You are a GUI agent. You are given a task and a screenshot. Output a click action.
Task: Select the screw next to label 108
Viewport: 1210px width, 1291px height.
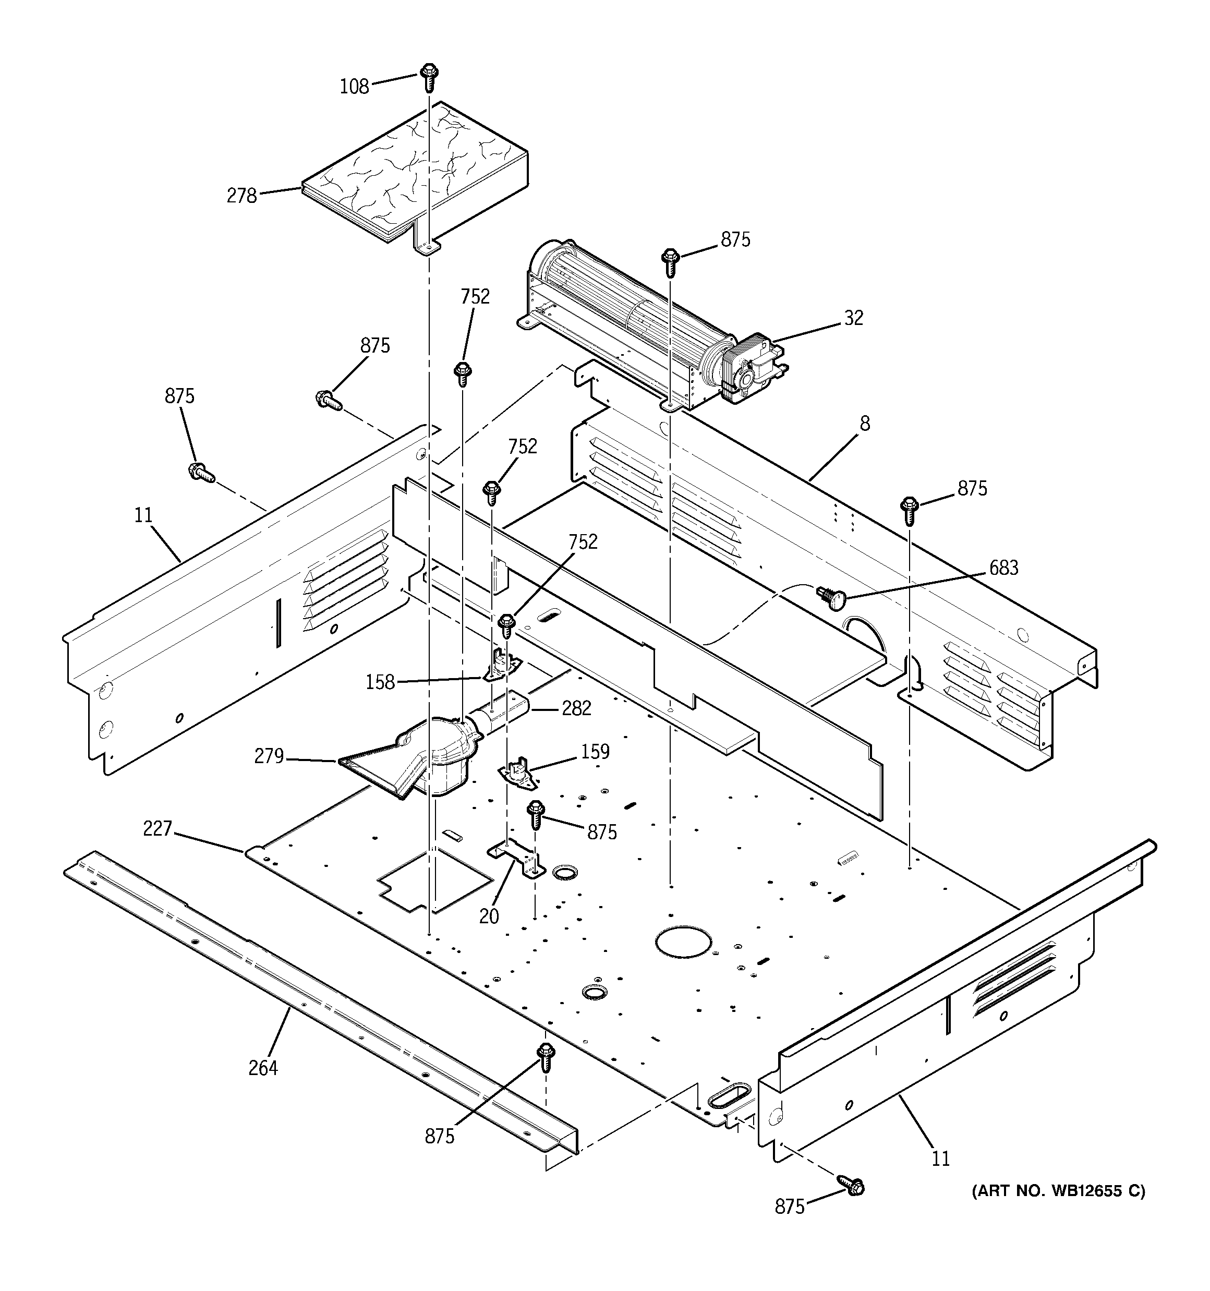[428, 77]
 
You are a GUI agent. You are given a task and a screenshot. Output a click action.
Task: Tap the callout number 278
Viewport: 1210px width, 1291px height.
[241, 196]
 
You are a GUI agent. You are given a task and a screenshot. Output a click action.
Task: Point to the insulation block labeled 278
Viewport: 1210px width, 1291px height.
[416, 172]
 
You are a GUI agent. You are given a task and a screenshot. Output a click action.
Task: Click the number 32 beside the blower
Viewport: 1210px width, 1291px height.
[853, 318]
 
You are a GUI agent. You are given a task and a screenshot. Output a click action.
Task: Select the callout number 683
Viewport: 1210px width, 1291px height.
[1003, 568]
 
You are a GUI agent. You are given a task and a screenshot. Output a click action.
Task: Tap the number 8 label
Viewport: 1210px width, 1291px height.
[864, 424]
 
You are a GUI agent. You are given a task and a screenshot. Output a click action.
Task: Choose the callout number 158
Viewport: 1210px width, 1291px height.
[380, 682]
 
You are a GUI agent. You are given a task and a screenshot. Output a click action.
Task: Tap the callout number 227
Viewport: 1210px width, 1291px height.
[157, 829]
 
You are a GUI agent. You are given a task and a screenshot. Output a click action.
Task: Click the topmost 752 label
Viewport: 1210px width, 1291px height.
[475, 297]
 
